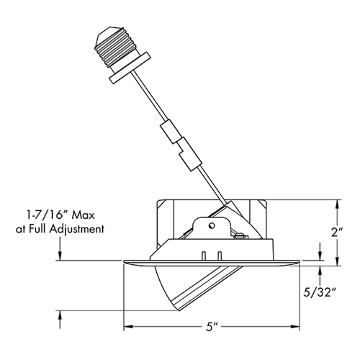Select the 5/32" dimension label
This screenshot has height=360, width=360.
click(320, 293)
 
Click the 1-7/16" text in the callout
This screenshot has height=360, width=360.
click(47, 215)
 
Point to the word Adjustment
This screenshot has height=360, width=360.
click(77, 229)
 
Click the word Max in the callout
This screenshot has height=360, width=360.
click(84, 215)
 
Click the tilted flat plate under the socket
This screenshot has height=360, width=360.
click(130, 68)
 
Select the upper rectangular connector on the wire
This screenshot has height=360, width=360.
click(170, 131)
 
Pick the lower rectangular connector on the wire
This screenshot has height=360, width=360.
click(189, 154)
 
